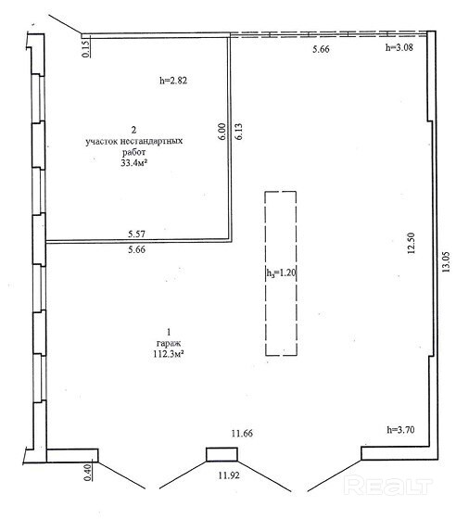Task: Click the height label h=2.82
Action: pyautogui.click(x=173, y=81)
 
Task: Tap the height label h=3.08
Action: pyautogui.click(x=399, y=47)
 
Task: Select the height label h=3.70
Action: pyautogui.click(x=400, y=430)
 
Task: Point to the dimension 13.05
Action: pyautogui.click(x=446, y=261)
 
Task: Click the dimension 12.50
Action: pyautogui.click(x=411, y=243)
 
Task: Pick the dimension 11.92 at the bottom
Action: pyautogui.click(x=229, y=475)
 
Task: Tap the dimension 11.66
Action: pyautogui.click(x=242, y=433)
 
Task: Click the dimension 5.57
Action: pyautogui.click(x=136, y=234)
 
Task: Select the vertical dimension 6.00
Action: pyautogui.click(x=222, y=131)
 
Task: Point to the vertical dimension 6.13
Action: pyautogui.click(x=238, y=131)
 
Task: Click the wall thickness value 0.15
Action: pyautogui.click(x=85, y=48)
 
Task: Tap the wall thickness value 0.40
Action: pyautogui.click(x=87, y=473)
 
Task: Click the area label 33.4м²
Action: pyautogui.click(x=134, y=163)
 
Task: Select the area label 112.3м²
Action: pyautogui.click(x=169, y=354)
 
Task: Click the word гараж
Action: pyautogui.click(x=169, y=343)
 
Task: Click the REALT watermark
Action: pyautogui.click(x=387, y=486)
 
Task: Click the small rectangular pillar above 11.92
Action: pyautogui.click(x=222, y=454)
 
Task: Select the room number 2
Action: pyautogui.click(x=133, y=130)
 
